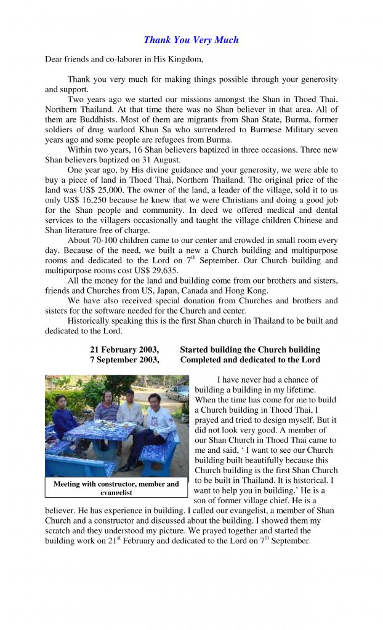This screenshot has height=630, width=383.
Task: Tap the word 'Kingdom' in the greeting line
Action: (183, 60)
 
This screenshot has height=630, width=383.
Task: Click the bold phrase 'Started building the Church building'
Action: (250, 350)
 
